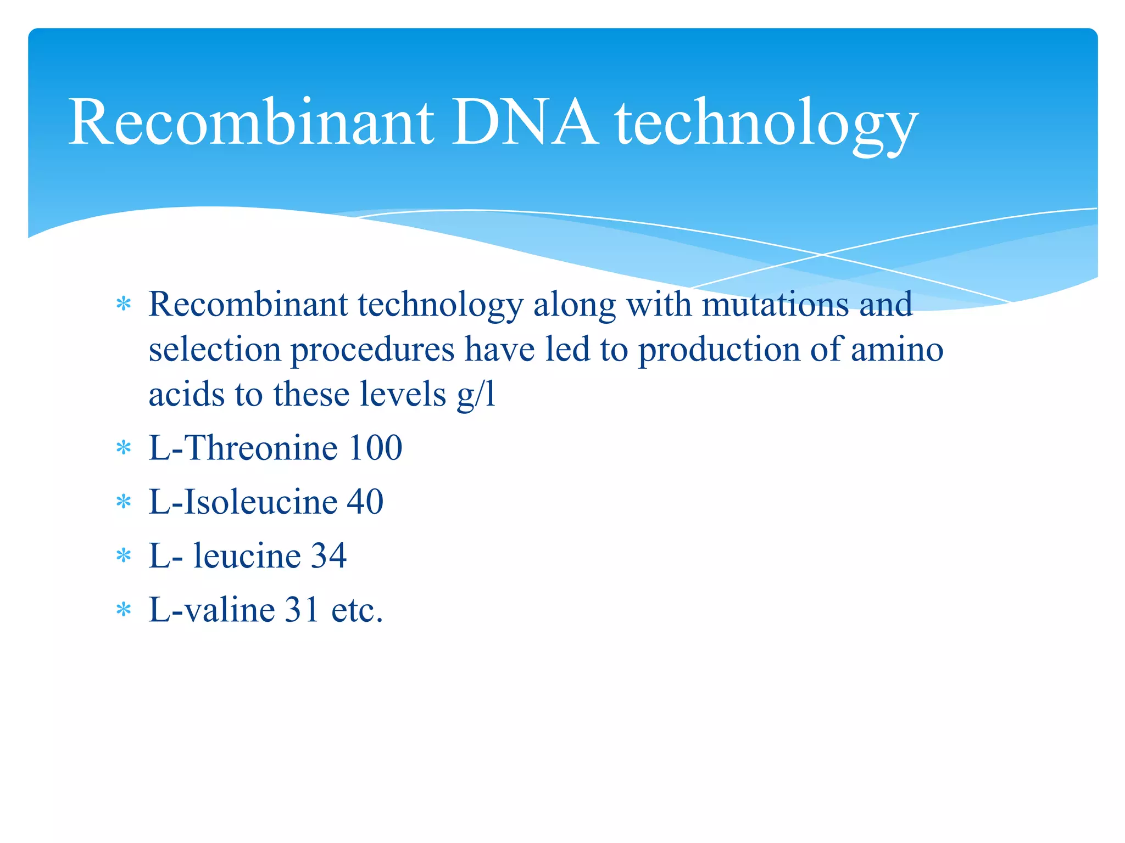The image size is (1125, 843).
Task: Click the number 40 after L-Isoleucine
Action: [365, 502]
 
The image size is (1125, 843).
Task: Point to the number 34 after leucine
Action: [328, 555]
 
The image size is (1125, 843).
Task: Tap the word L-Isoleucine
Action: [243, 502]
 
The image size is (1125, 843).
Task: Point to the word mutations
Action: [775, 304]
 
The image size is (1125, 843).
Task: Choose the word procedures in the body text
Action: [372, 350]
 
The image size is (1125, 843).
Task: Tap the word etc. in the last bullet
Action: [357, 610]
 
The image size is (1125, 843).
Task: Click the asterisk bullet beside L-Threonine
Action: [124, 448]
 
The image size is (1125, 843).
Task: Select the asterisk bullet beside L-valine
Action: [124, 610]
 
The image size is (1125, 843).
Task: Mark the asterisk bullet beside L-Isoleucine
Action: [124, 502]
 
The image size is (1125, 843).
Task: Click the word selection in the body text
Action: [214, 350]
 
